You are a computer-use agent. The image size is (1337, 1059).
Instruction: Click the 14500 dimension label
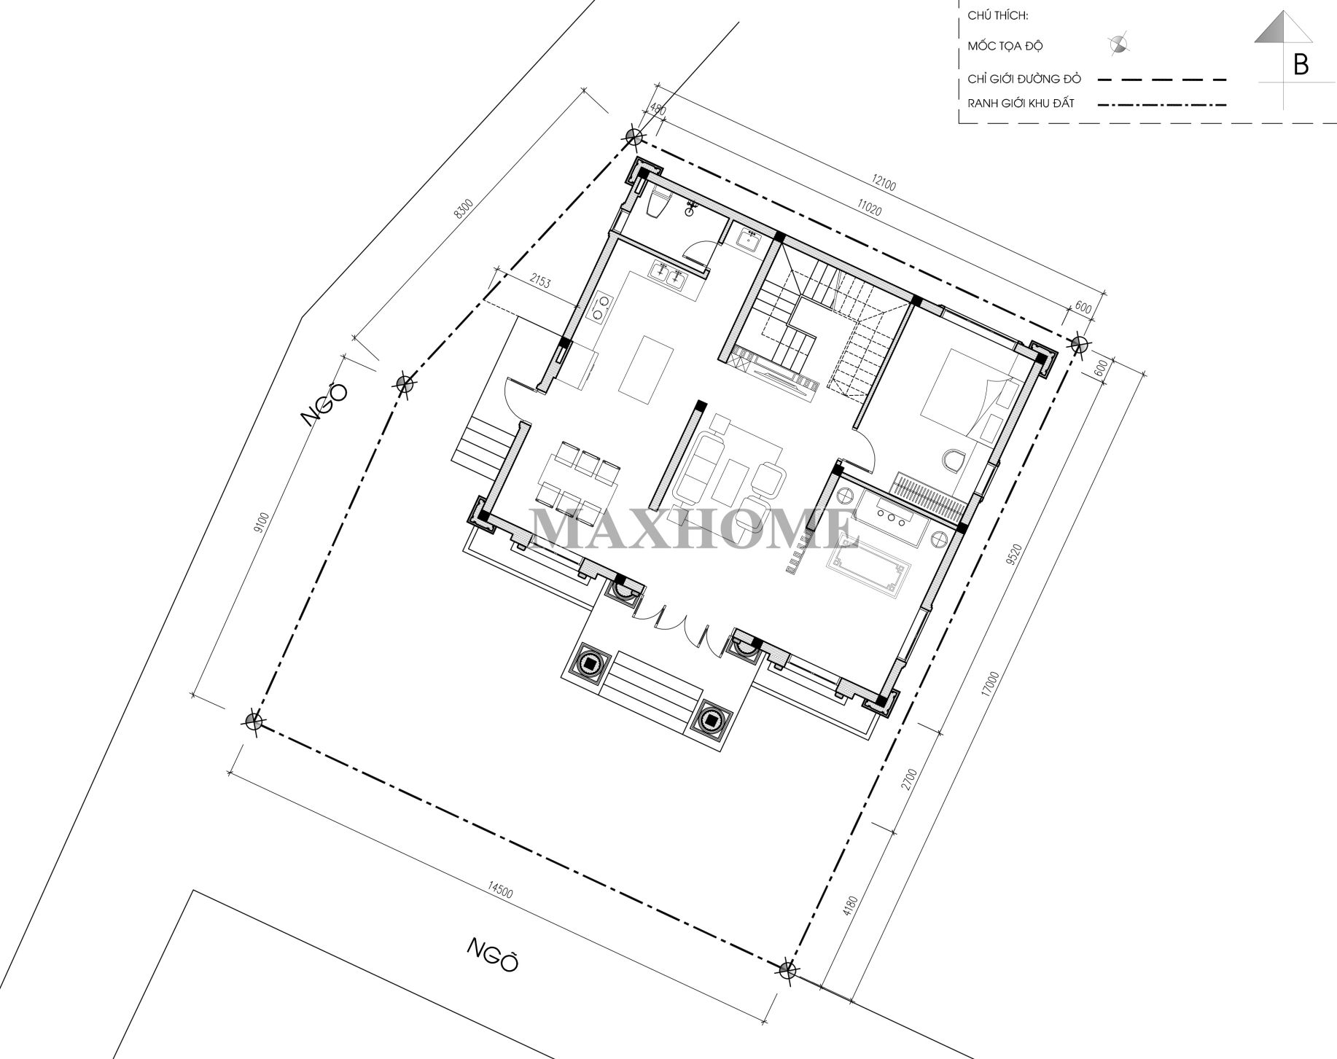click(x=499, y=894)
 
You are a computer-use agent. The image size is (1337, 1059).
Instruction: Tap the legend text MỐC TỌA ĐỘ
click(x=1005, y=46)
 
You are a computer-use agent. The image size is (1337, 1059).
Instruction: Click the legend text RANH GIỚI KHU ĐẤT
click(x=1021, y=103)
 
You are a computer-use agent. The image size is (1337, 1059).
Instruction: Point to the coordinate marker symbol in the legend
click(x=1118, y=45)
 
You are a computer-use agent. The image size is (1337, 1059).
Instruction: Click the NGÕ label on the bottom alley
click(x=494, y=955)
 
